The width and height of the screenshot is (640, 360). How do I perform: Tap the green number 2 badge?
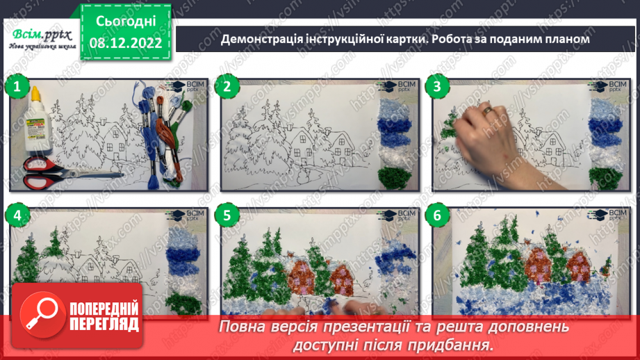(x=227, y=87)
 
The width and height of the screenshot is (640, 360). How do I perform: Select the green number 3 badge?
(x=437, y=87)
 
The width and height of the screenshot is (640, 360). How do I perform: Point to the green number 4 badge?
(x=16, y=216)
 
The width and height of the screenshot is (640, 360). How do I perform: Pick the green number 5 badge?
(x=227, y=216)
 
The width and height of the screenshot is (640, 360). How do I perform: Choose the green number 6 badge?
(x=437, y=216)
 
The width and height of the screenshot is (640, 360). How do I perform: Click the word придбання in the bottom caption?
(x=452, y=345)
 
